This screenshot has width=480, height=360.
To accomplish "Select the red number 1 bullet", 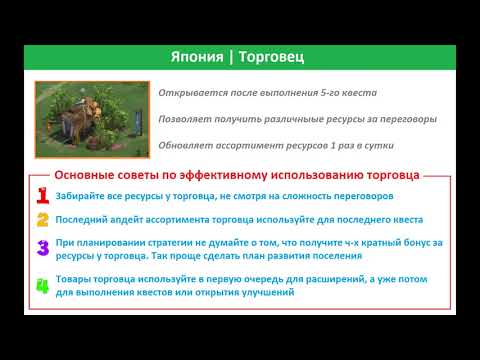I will (43, 196).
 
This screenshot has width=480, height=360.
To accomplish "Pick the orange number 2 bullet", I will (43, 219).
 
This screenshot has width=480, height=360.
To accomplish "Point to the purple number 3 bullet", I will (43, 249).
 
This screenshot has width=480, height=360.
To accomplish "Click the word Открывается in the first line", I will (191, 93).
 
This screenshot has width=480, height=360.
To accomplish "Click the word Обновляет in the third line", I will (186, 145).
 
